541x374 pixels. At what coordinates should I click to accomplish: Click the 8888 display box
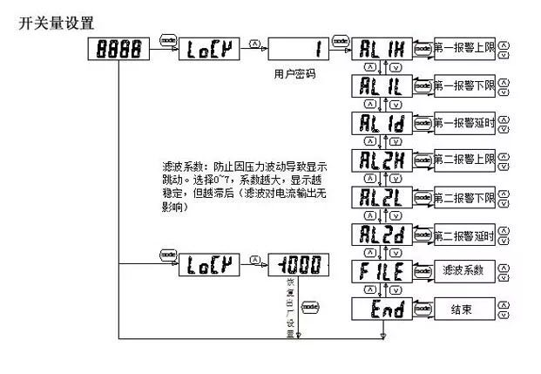tap(119, 51)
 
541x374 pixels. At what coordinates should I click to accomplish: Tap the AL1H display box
tap(379, 50)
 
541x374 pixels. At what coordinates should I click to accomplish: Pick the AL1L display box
tap(379, 86)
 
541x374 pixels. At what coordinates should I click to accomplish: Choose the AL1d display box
tap(379, 123)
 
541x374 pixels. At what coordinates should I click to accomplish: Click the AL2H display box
tap(379, 160)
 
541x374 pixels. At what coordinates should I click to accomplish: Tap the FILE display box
tap(379, 272)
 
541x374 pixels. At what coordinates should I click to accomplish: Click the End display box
tap(379, 309)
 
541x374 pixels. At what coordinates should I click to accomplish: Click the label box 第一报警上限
tap(464, 49)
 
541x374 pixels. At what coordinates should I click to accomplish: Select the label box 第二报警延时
tap(464, 235)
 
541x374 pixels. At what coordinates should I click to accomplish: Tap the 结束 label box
tap(464, 309)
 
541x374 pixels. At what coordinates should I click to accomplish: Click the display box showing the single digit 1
tap(299, 51)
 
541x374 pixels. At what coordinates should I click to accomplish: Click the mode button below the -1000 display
tap(310, 305)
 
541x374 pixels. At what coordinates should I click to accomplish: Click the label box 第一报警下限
tap(464, 86)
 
